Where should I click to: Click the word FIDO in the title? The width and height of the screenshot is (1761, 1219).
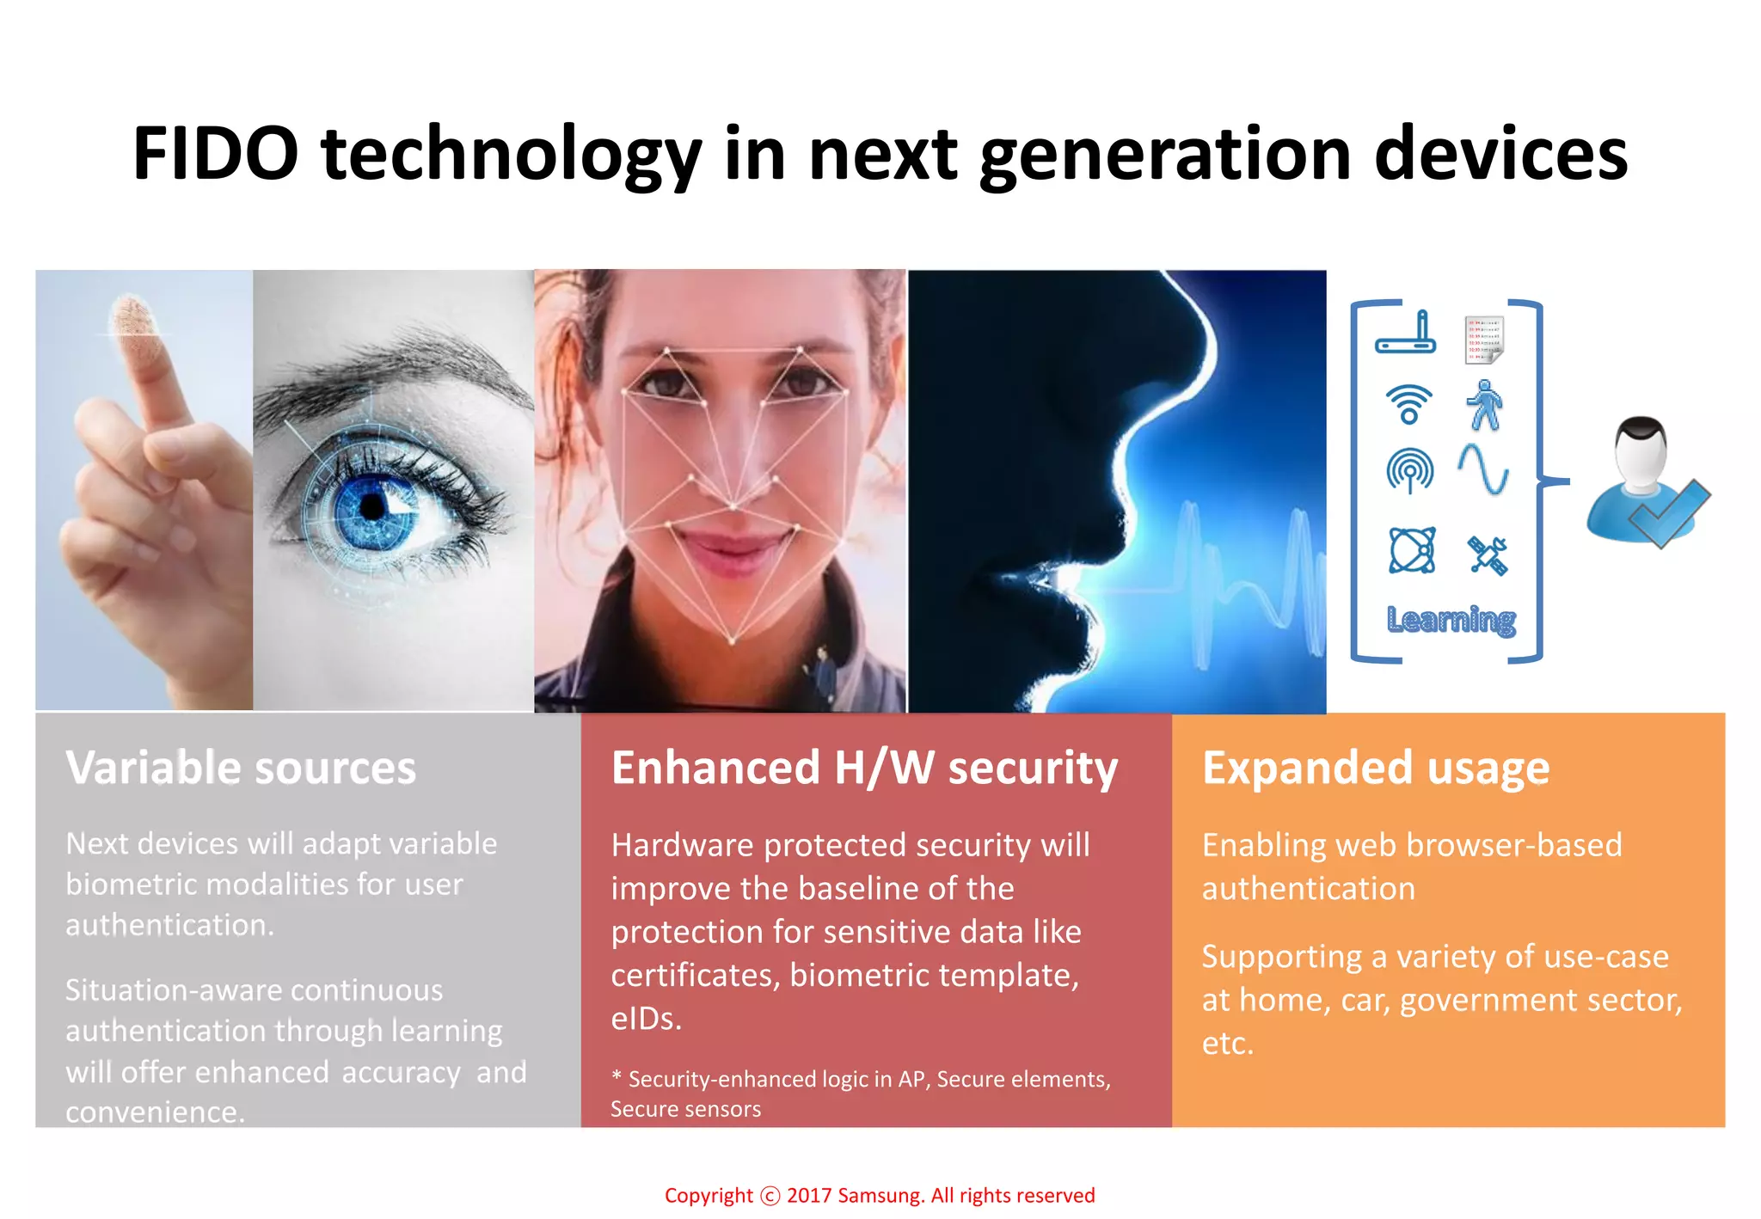pos(215,154)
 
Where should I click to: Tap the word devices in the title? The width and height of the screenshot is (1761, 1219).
pos(1500,154)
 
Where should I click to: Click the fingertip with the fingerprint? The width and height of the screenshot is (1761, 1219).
pos(133,318)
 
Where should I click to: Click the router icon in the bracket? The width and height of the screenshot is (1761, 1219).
pos(1406,335)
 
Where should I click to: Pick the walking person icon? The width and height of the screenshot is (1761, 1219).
pos(1484,404)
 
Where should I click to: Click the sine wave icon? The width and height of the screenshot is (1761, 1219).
pos(1483,469)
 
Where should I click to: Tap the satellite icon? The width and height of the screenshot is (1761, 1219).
pos(1488,555)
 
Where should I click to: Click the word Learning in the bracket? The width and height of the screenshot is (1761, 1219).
pos(1451,619)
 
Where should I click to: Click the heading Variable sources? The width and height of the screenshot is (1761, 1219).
pos(241,768)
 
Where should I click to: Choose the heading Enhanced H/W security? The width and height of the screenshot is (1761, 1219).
pos(864,768)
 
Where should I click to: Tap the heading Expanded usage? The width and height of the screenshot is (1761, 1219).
pos(1376,768)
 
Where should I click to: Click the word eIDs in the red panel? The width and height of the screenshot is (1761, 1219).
pos(645,1019)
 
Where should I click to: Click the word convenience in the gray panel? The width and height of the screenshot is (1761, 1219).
pos(155,1112)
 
